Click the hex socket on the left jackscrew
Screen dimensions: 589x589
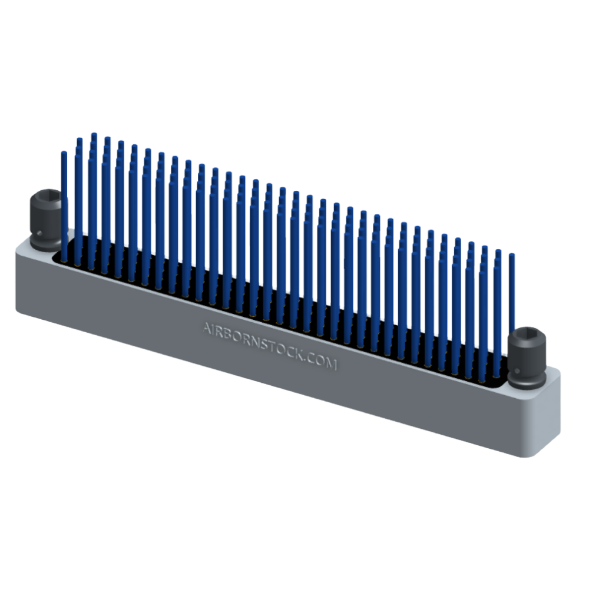tap(46, 197)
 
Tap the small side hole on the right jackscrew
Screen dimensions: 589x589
tap(517, 372)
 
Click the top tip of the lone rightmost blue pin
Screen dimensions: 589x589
tap(512, 256)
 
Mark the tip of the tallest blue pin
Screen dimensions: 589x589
tap(93, 135)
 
